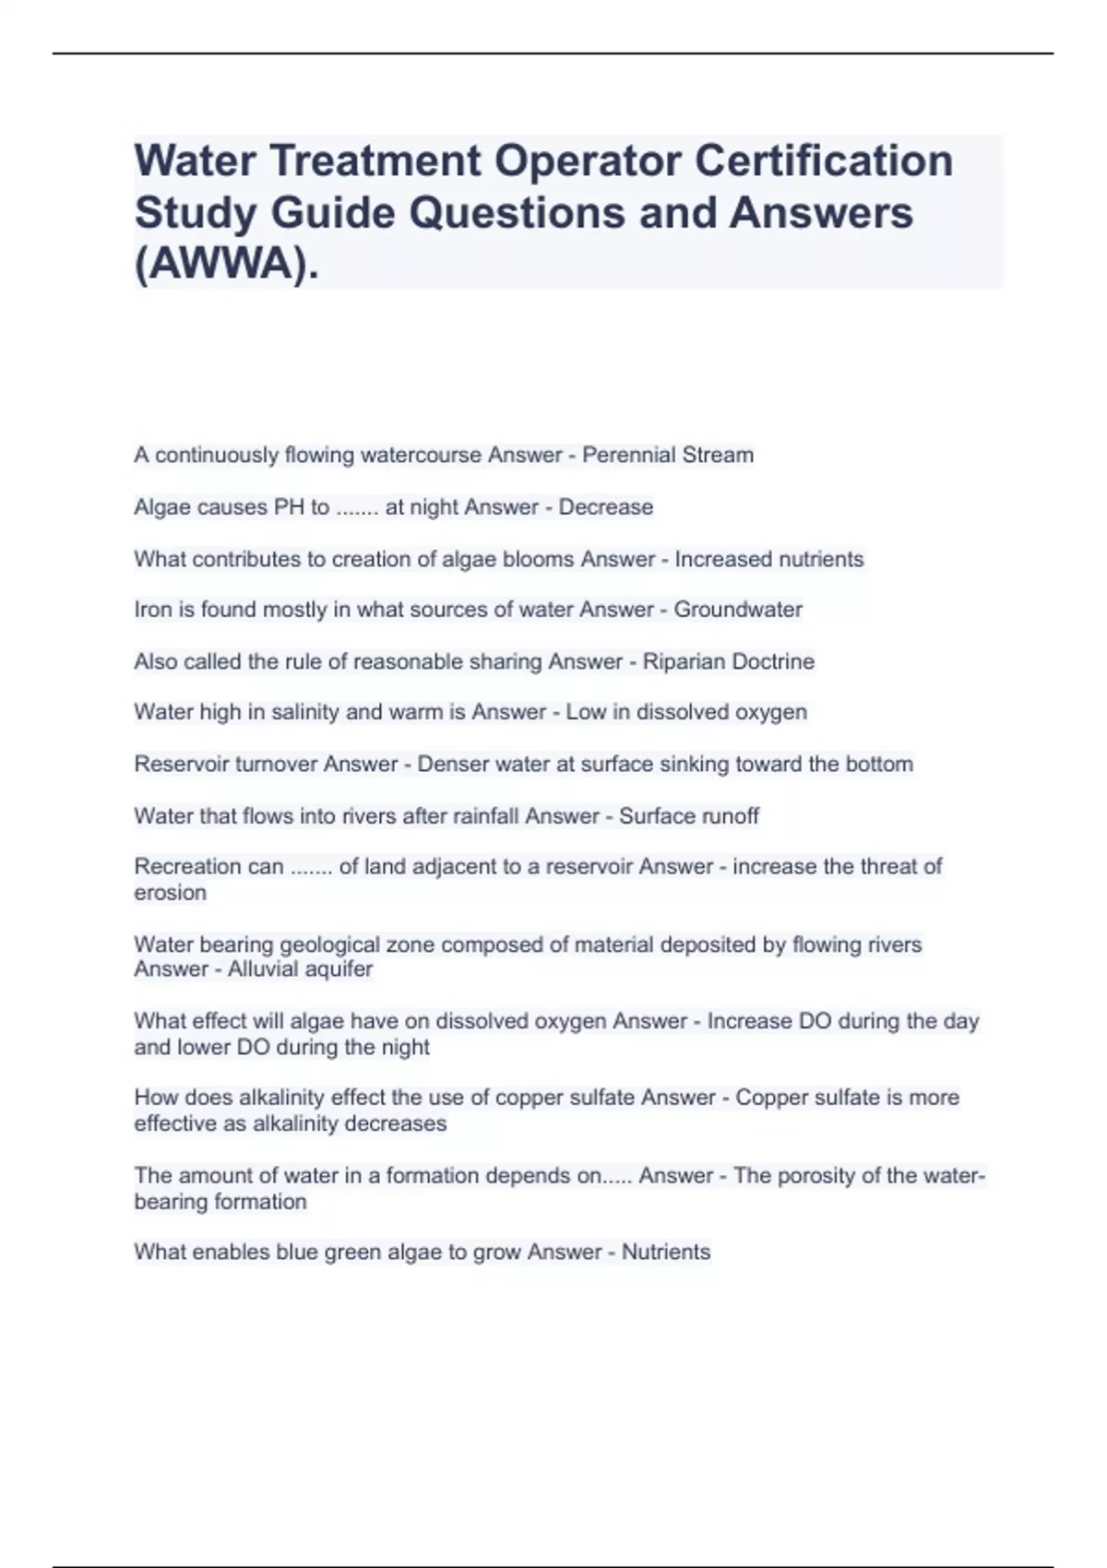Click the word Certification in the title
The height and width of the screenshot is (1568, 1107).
pos(823,160)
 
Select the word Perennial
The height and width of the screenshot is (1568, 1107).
pos(624,455)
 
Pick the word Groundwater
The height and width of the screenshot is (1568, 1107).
pos(738,610)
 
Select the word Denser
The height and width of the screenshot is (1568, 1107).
pos(453,764)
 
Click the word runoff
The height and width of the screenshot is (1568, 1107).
pos(731,815)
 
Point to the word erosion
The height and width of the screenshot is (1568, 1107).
pos(171,893)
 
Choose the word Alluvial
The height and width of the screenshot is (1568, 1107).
pos(265,969)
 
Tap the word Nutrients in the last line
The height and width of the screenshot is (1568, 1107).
pos(666,1252)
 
